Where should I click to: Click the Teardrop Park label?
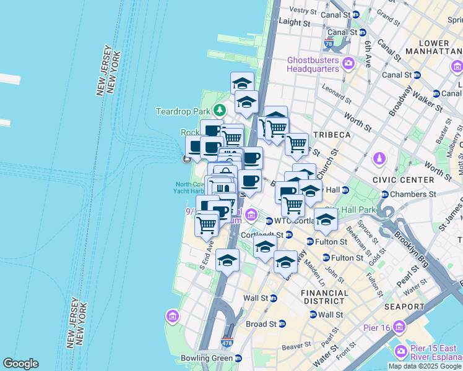pyautogui.click(x=184, y=112)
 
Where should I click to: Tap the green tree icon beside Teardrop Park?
pyautogui.click(x=219, y=111)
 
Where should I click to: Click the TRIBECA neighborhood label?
pyautogui.click(x=332, y=135)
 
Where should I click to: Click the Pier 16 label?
pyautogui.click(x=374, y=326)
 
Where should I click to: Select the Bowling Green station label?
pyautogui.click(x=207, y=358)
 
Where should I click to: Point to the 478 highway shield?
pyautogui.click(x=227, y=342)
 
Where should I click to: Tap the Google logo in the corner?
pyautogui.click(x=20, y=364)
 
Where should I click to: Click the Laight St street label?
pyautogui.click(x=295, y=22)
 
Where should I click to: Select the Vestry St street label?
pyautogui.click(x=303, y=10)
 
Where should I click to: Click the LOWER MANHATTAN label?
pyautogui.click(x=442, y=48)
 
